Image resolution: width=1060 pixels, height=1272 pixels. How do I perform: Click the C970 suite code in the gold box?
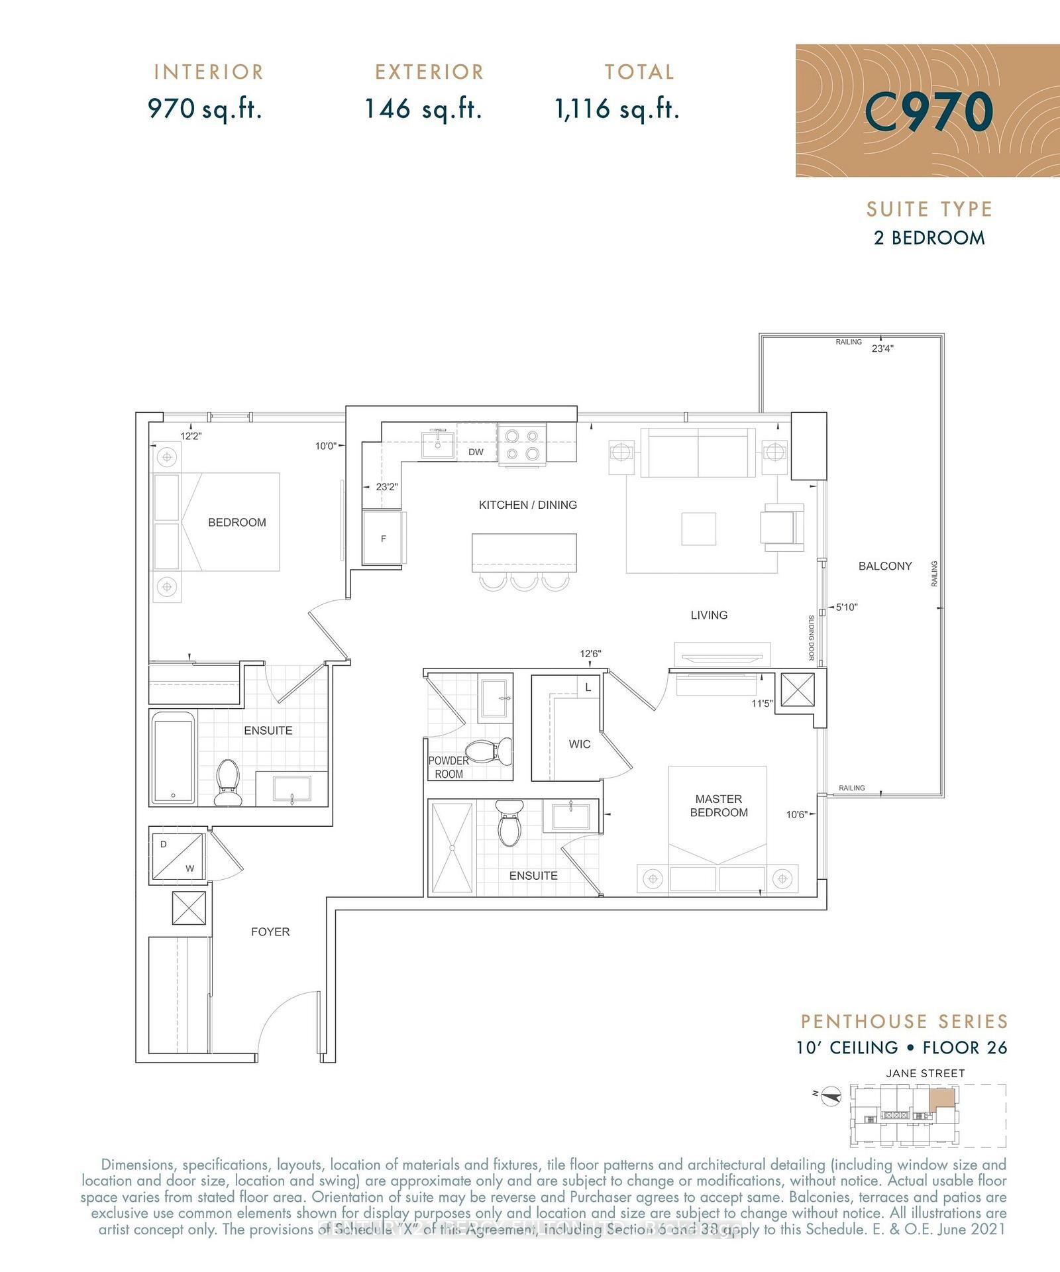929,111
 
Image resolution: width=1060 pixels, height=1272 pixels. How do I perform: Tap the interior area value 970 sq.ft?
205,109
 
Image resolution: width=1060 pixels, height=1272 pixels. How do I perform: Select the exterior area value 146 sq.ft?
423,109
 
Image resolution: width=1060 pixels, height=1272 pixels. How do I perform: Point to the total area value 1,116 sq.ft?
617,109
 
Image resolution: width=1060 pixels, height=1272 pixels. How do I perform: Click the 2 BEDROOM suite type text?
929,238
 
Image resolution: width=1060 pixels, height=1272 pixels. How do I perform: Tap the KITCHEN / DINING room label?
527,505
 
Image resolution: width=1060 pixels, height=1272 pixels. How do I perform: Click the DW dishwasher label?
476,452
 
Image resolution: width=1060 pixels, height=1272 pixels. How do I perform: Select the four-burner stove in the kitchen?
522,445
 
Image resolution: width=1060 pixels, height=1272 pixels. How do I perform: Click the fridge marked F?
383,538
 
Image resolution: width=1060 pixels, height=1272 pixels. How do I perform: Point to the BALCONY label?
885,566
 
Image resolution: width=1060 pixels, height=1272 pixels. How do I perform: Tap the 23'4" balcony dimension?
882,348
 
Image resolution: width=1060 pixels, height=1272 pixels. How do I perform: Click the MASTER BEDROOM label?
719,806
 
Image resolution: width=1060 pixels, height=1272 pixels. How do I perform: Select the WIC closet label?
579,744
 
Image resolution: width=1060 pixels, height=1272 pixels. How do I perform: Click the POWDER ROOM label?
449,767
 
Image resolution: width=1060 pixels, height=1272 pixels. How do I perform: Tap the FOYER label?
270,931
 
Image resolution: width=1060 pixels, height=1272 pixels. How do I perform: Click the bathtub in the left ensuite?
173,758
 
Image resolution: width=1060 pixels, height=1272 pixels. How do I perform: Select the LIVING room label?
709,615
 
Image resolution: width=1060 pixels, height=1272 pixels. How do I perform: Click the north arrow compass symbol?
831,1098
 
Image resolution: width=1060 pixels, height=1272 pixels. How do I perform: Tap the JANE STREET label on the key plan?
925,1073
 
